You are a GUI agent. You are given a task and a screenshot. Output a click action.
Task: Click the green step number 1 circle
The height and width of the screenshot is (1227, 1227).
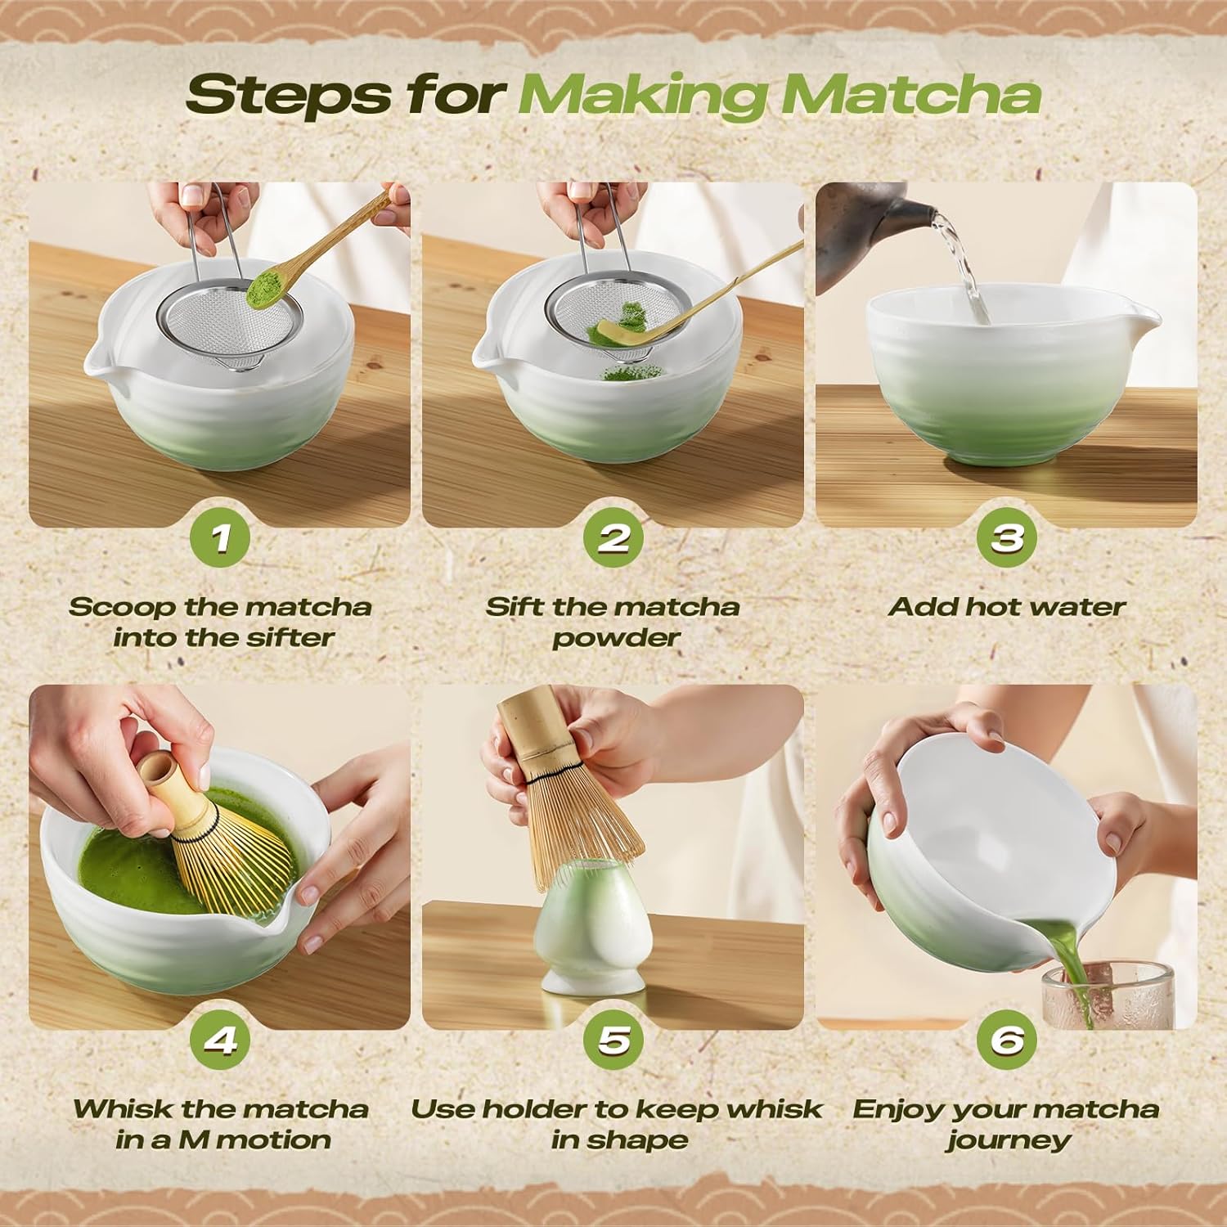click(220, 538)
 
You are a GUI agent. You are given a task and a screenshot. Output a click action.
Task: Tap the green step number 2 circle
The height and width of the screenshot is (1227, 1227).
click(613, 538)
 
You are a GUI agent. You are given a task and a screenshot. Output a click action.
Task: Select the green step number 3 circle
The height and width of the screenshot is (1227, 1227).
click(1007, 538)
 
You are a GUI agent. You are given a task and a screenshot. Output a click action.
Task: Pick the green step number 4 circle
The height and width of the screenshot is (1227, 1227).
click(220, 1040)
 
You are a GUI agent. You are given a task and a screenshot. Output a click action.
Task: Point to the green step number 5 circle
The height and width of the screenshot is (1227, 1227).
click(613, 1040)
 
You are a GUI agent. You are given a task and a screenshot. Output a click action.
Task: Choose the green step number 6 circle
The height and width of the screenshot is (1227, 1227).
click(1007, 1040)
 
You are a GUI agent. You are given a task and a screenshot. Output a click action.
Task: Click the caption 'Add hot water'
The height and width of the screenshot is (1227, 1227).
click(1007, 607)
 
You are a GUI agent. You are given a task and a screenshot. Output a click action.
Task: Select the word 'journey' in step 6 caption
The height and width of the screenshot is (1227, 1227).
click(1008, 1140)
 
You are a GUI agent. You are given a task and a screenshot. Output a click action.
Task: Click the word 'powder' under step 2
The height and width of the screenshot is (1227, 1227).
click(615, 638)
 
